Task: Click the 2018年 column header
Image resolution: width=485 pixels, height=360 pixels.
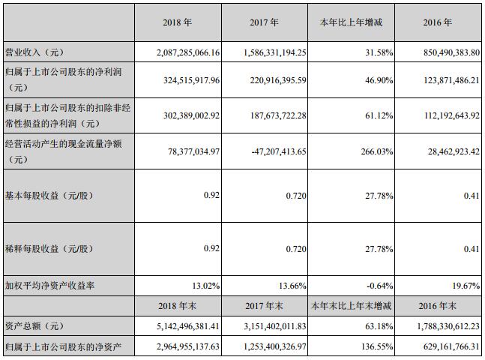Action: coord(178,23)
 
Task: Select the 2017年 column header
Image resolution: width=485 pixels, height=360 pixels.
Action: coord(265,23)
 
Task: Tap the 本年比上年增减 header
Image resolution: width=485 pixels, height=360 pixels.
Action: coord(352,23)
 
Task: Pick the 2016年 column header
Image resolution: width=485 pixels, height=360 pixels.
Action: coord(438,23)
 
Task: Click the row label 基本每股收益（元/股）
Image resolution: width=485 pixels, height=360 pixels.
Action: coord(51,196)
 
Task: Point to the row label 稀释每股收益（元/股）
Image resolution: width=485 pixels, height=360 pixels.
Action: coord(51,248)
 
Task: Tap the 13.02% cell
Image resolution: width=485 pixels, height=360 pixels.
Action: coord(207,286)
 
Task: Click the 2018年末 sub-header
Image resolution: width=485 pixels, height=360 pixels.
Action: coord(178,306)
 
